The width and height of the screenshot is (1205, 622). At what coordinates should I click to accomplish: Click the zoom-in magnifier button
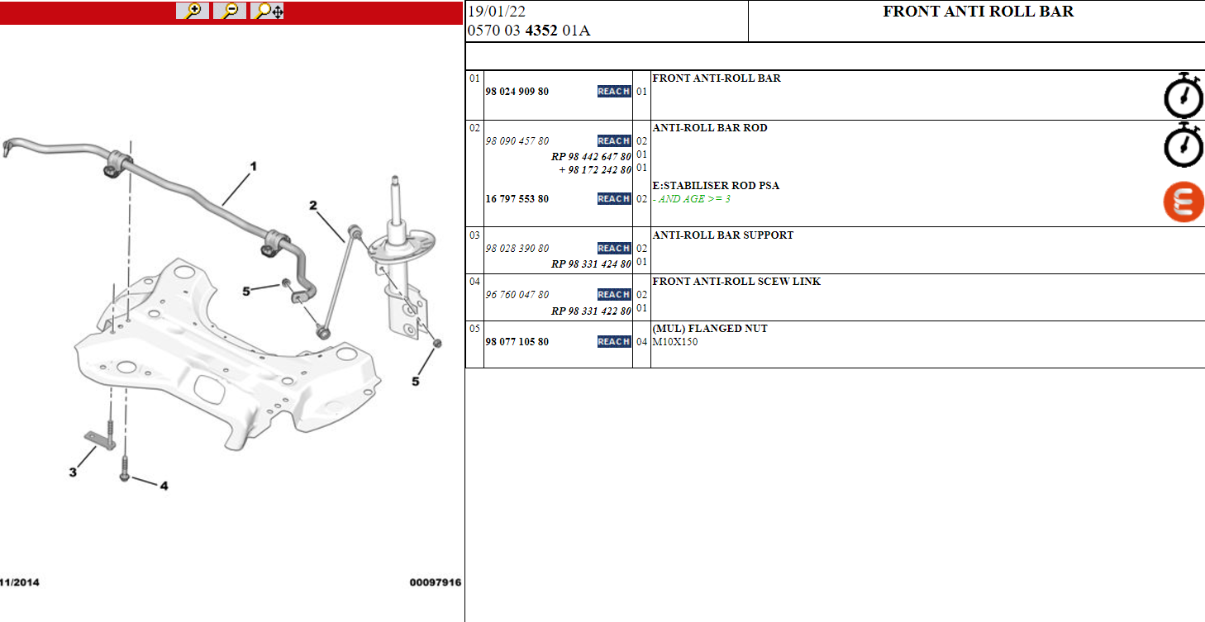point(192,11)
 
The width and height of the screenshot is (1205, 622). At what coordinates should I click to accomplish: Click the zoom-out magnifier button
point(230,11)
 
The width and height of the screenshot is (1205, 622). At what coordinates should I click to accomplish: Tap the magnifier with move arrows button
point(267,11)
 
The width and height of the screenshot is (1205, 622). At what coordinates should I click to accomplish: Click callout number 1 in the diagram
point(254,167)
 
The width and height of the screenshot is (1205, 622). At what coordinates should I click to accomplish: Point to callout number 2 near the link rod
point(313,206)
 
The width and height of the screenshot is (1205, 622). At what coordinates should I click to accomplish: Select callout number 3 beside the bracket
point(74,472)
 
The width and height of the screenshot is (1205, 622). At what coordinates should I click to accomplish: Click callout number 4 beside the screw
point(164,486)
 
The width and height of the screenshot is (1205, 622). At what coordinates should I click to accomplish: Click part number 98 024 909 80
point(517,92)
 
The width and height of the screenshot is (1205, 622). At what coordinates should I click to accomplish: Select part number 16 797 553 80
point(517,199)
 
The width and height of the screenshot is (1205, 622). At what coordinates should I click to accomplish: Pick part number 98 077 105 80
point(517,342)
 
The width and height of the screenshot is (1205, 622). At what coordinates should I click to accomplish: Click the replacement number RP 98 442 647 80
point(591,156)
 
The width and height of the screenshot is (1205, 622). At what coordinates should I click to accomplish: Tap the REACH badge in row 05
point(614,342)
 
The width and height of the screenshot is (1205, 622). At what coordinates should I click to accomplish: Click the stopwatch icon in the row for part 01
point(1183,95)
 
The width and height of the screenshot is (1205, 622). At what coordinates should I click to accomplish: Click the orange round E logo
point(1184,202)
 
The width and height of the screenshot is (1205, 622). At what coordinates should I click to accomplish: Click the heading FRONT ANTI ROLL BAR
point(978,12)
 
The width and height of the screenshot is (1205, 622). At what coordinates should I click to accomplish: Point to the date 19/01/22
point(497,12)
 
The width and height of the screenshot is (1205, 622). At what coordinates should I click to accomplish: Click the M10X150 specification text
point(674,342)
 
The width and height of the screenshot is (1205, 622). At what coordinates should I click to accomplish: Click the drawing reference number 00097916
point(436,582)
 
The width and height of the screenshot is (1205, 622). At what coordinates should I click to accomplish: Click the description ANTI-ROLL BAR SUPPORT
point(722,235)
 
